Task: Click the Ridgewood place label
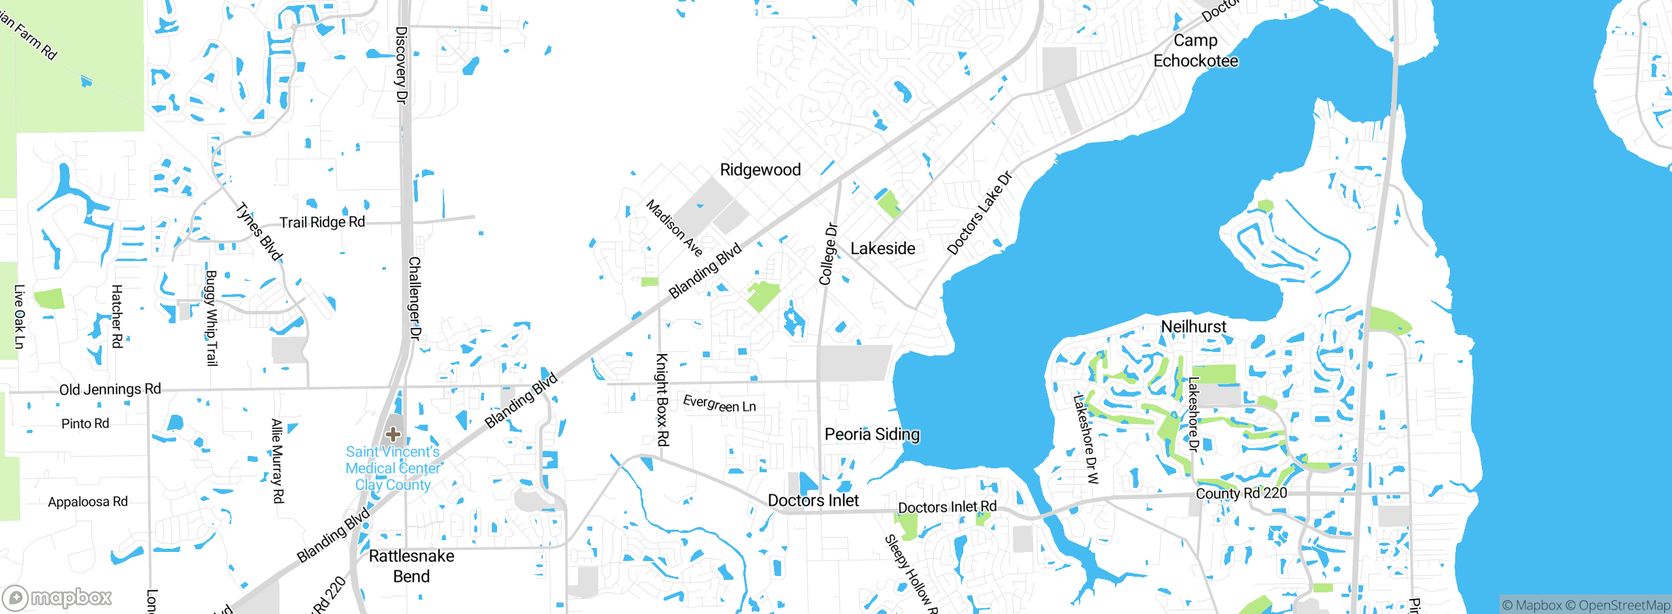[x=760, y=170]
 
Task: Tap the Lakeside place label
[x=882, y=248]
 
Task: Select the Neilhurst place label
[x=1193, y=327]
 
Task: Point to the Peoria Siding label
[x=872, y=434]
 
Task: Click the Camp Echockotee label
[x=1195, y=51]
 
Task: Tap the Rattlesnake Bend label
[x=411, y=566]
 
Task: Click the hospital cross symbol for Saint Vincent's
[x=393, y=434]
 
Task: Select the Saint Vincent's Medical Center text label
[x=393, y=468]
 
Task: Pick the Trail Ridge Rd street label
[x=322, y=222]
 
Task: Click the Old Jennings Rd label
[x=110, y=389]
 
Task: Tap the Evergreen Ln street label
[x=719, y=404]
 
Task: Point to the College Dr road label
[x=828, y=254]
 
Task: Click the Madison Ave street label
[x=674, y=228]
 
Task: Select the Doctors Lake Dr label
[x=979, y=213]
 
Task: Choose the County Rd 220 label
[x=1241, y=493]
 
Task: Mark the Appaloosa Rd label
[x=88, y=502]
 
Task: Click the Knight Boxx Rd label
[x=662, y=400]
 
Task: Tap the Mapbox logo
[x=57, y=598]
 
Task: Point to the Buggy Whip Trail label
[x=211, y=318]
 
